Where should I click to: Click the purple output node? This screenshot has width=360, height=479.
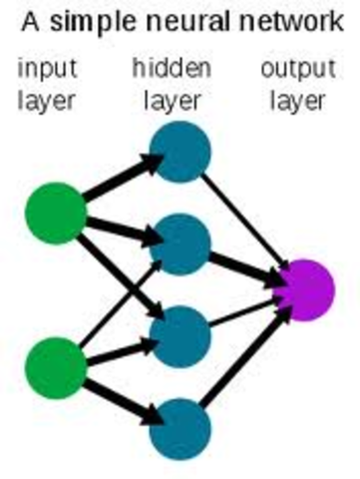(301, 289)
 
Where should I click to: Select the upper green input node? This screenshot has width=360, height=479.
(55, 213)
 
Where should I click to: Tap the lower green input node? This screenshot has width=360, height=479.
(55, 366)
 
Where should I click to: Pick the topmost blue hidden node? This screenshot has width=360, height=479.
(180, 153)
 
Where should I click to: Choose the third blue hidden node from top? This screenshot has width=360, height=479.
(180, 336)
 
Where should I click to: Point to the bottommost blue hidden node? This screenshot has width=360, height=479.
(180, 427)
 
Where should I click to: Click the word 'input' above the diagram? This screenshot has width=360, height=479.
(48, 70)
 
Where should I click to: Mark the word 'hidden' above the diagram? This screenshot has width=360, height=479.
(172, 70)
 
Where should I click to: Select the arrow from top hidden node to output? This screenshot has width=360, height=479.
(244, 220)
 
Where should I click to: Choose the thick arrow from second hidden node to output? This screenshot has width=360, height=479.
(244, 267)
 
